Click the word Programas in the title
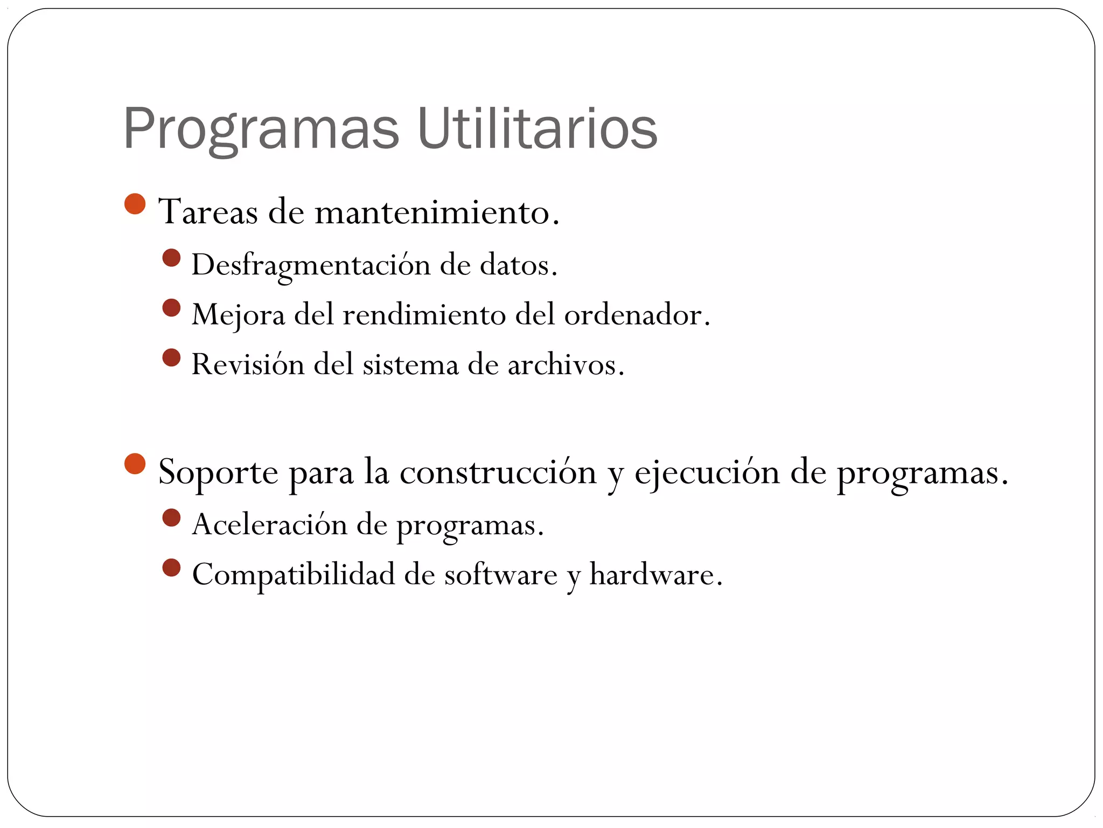pos(261,129)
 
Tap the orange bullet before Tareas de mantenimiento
pos(135,204)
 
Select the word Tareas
pos(208,212)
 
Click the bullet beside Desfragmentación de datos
pos(171,258)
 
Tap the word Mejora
pos(238,315)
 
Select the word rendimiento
pos(424,314)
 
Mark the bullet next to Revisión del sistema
pos(171,357)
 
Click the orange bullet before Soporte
pos(135,464)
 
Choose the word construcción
pos(498,472)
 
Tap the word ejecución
pos(707,472)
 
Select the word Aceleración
pos(269,524)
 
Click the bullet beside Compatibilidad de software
pos(171,567)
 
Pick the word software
pos(500,574)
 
